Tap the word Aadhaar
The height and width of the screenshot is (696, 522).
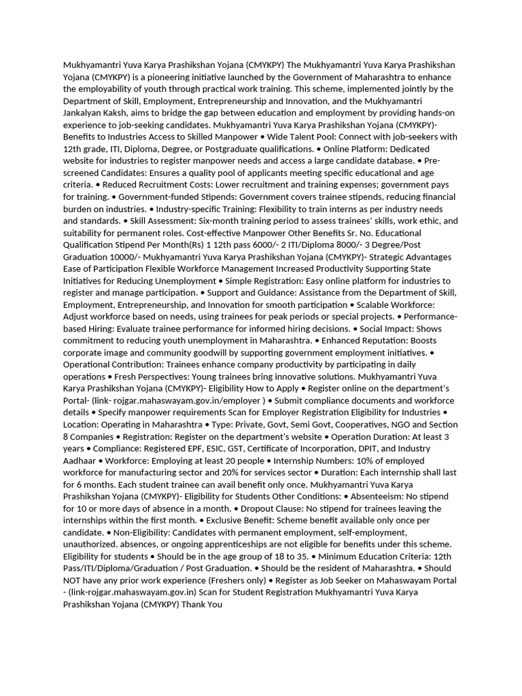click(x=79, y=461)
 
